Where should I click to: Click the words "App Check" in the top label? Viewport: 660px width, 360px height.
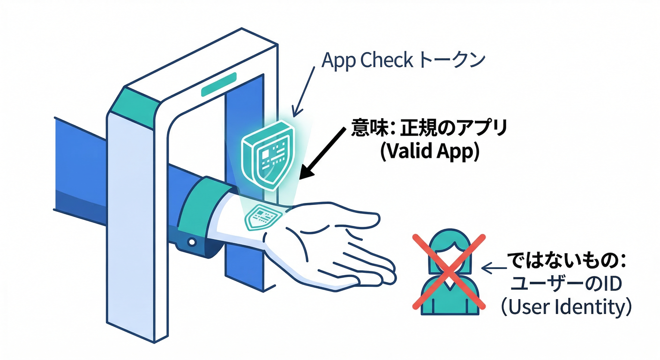tap(367, 61)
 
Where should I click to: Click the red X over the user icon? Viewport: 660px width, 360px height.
tap(449, 271)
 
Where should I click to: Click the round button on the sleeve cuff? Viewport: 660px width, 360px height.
tap(192, 242)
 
